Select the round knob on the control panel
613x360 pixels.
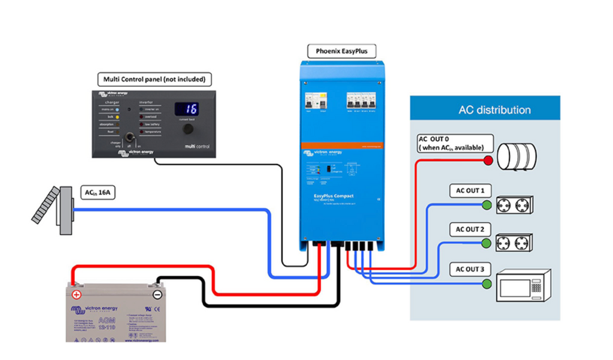188,129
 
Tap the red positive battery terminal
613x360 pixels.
77,295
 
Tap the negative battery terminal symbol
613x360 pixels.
157,295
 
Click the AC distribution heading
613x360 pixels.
494,110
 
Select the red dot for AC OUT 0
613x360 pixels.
488,161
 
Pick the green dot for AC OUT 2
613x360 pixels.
486,243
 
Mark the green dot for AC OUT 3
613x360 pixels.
486,283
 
